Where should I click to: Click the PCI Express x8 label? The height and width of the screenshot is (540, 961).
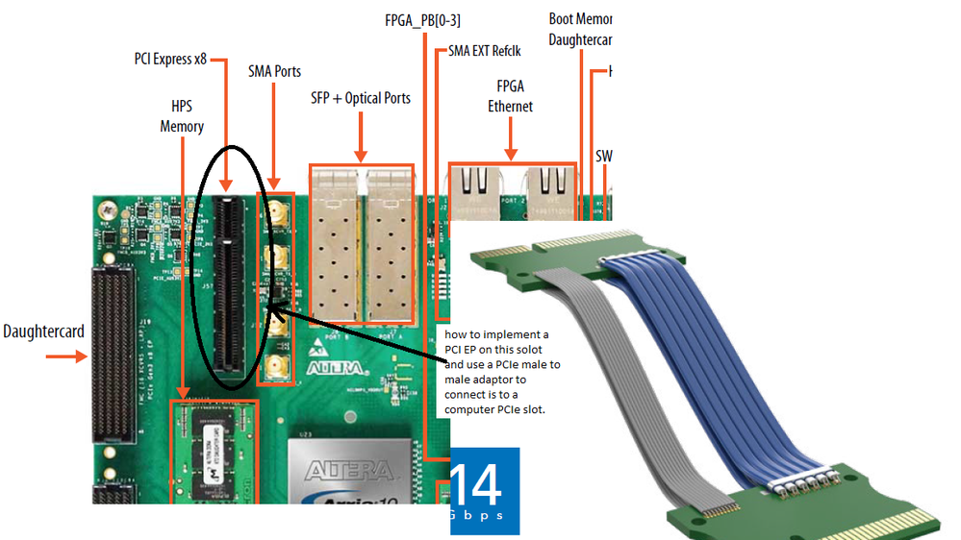click(x=170, y=59)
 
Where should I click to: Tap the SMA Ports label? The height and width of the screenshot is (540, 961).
click(x=274, y=71)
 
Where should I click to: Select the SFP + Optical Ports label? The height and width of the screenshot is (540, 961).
click(x=361, y=98)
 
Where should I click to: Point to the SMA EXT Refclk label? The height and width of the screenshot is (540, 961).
click(x=484, y=51)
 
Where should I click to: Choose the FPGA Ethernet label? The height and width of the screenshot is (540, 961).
click(x=510, y=96)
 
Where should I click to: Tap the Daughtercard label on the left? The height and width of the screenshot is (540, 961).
click(x=43, y=331)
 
